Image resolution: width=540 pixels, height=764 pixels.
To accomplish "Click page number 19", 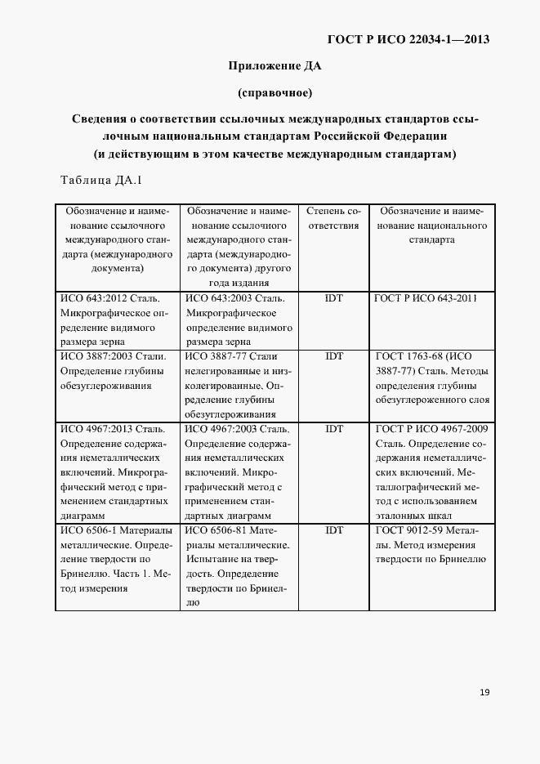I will tap(484, 692).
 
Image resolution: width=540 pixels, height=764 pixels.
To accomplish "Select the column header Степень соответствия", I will tap(333, 219).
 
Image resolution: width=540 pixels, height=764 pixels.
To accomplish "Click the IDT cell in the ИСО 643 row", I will tap(333, 298).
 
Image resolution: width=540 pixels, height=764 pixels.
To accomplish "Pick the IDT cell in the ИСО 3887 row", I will tap(333, 356).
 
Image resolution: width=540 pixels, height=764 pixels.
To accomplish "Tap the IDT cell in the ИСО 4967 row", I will tap(333, 428).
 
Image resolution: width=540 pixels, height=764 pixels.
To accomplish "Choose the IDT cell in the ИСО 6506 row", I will tap(333, 530).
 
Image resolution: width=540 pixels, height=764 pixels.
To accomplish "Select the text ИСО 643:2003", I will tap(216, 298).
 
